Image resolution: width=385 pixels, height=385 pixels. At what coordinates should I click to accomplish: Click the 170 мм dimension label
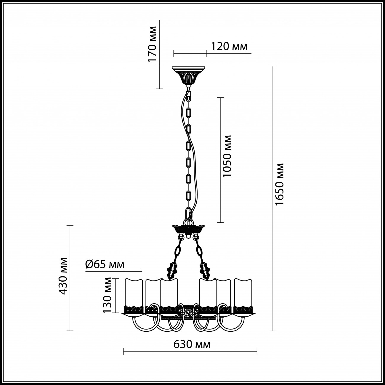(152, 44)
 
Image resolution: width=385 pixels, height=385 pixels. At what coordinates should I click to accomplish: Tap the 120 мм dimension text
(229, 47)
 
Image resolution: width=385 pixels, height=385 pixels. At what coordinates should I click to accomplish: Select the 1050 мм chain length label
(227, 156)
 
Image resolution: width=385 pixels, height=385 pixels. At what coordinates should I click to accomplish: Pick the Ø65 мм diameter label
(105, 265)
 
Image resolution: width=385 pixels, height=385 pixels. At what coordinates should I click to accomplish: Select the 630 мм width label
(192, 344)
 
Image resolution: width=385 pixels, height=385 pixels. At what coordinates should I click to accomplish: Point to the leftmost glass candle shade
(134, 296)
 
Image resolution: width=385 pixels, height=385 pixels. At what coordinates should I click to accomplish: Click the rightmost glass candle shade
(243, 296)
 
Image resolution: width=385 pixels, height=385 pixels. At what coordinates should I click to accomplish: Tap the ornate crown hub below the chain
(189, 230)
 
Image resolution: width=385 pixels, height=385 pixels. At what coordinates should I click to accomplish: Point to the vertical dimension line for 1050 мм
(220, 160)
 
